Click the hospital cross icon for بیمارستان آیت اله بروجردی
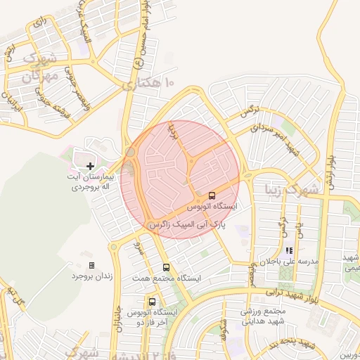pos(90,165)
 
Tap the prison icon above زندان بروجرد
pos(91,265)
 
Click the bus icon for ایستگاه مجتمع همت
pos(167,267)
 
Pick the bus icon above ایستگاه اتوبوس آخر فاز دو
pos(152,302)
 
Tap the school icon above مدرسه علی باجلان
pos(288,250)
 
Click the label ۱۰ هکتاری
pos(148,84)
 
